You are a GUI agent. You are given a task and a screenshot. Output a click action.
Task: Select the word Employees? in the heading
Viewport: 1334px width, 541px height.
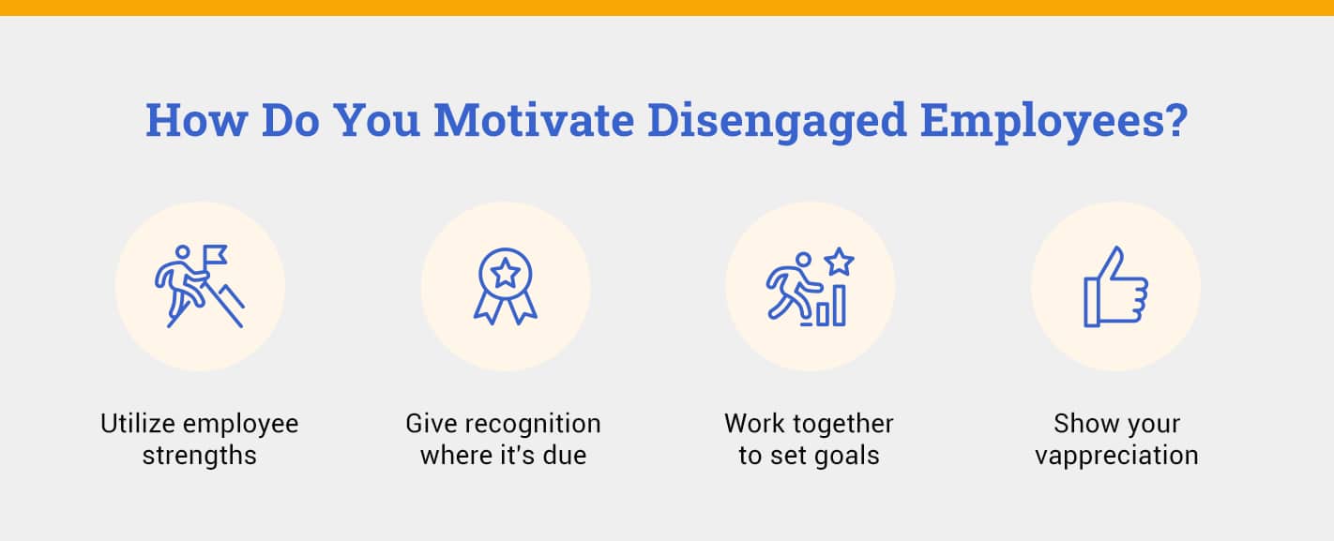[x=1054, y=121]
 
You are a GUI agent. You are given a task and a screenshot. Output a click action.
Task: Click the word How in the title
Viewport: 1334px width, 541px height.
[x=195, y=121]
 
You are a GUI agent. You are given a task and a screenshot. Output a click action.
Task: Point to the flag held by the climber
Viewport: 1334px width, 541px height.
[x=216, y=254]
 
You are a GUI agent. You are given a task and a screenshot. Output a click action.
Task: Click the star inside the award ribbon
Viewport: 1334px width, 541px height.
[x=506, y=273]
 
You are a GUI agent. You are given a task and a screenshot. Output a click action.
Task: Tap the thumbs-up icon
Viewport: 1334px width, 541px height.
[x=1115, y=287]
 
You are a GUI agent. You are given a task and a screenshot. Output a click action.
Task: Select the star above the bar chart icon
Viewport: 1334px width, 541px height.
[x=839, y=262]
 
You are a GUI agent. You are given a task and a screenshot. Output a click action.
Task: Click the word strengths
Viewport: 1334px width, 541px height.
[x=199, y=457]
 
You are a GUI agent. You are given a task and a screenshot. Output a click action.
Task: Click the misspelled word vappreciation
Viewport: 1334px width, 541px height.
[x=1116, y=457]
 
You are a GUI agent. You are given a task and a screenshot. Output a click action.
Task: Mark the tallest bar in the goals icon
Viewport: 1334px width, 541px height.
[x=839, y=305]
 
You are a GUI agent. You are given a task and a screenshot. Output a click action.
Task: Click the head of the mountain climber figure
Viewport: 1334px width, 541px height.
[x=183, y=252]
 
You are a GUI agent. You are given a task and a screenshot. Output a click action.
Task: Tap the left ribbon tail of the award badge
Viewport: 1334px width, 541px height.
[x=487, y=306]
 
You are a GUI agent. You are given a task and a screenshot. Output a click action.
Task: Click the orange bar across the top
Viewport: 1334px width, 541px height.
[x=667, y=8]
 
